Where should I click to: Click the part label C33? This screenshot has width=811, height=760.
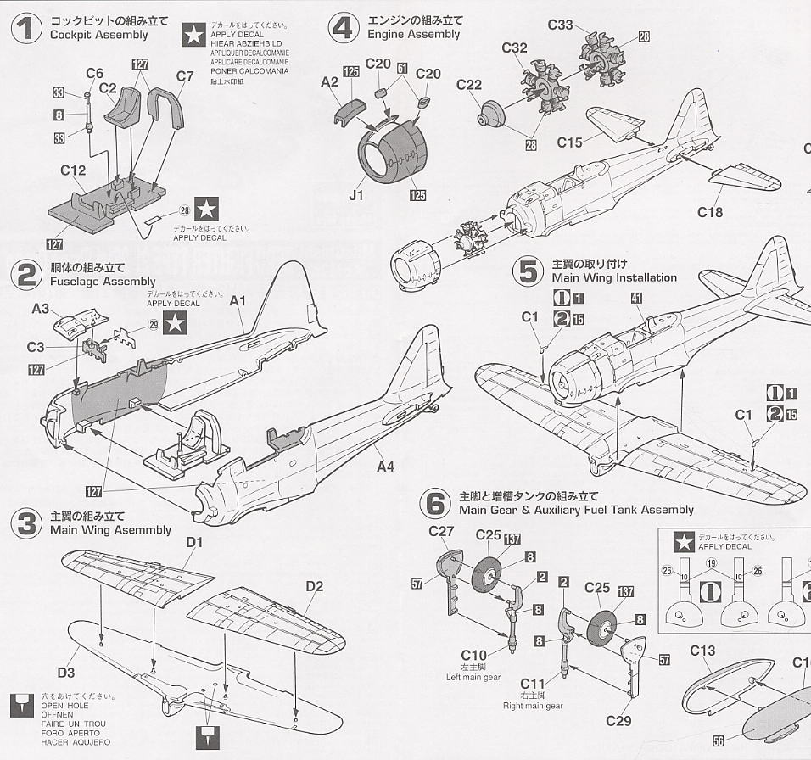[560, 25]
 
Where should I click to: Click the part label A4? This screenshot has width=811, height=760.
[386, 467]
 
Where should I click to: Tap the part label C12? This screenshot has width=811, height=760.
[73, 170]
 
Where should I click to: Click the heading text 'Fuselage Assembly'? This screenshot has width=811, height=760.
[103, 281]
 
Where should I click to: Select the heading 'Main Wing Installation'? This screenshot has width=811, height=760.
[614, 277]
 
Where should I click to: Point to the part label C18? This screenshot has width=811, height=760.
[710, 212]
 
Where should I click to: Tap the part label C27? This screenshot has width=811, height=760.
[443, 532]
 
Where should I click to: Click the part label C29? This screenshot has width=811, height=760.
[618, 721]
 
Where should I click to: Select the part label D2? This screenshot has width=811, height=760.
[315, 586]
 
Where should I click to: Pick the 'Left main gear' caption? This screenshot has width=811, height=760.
[473, 677]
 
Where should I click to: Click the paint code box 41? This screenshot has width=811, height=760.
[636, 298]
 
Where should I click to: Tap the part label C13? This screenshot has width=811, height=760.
[703, 651]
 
